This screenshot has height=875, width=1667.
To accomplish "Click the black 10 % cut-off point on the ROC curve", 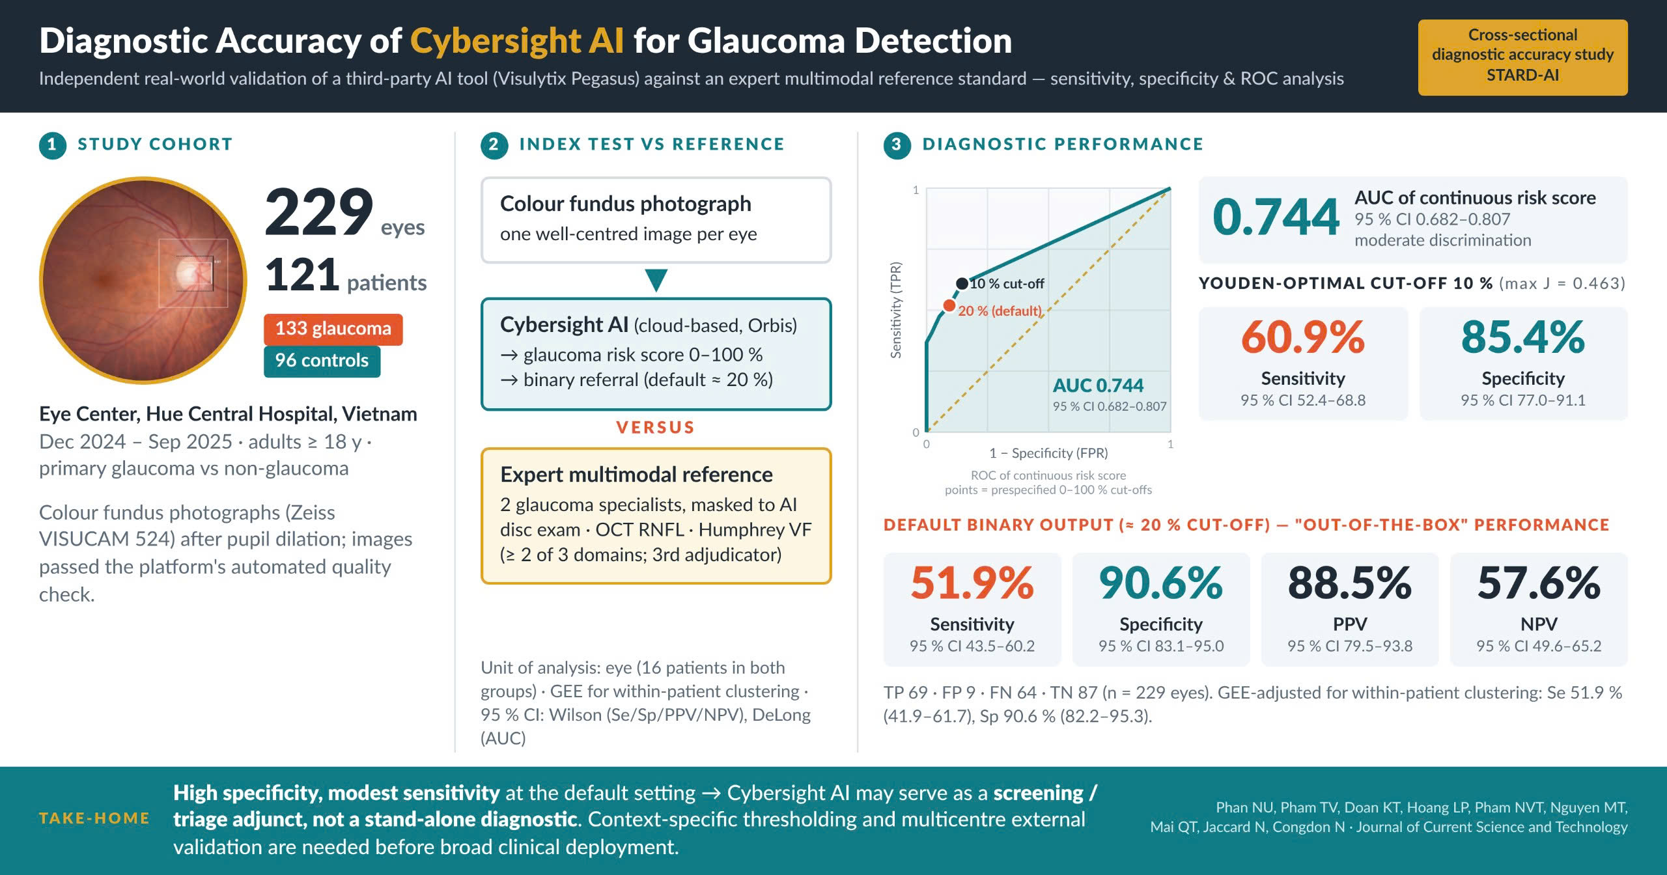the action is pos(962,283).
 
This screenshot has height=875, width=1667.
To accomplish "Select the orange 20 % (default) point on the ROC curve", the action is pos(949,305).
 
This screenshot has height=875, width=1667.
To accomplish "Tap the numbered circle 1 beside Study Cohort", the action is pos(53,145).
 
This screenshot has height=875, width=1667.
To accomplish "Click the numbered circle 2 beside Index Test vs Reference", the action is pos(494,145).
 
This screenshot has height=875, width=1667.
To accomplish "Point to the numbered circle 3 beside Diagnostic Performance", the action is pos(897,145).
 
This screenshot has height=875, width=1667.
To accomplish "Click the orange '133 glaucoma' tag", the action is pos(333,329).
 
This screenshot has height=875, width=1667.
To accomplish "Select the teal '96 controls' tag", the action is pos(322,361).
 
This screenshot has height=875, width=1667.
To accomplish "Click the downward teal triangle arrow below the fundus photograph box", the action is pos(656,280).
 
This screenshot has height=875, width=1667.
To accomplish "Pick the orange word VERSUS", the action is pos(656,428).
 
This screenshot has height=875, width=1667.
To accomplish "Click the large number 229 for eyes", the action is pos(319,212).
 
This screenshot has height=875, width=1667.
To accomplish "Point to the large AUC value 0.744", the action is pos(1276,217).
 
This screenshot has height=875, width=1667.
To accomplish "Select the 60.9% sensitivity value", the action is pos(1303,337).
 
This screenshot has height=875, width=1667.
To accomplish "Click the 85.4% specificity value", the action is pos(1523,337).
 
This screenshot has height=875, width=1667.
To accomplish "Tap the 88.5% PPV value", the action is pos(1350,583).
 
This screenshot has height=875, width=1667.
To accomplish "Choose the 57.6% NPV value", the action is pos(1539,583).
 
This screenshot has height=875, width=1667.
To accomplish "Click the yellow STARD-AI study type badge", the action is pos(1522,57).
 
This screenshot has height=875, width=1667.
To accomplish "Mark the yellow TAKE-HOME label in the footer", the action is pos(94,818).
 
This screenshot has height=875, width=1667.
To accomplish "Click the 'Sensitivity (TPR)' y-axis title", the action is pos(896,310).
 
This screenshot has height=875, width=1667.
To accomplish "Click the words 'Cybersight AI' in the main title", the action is pos(517,40).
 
